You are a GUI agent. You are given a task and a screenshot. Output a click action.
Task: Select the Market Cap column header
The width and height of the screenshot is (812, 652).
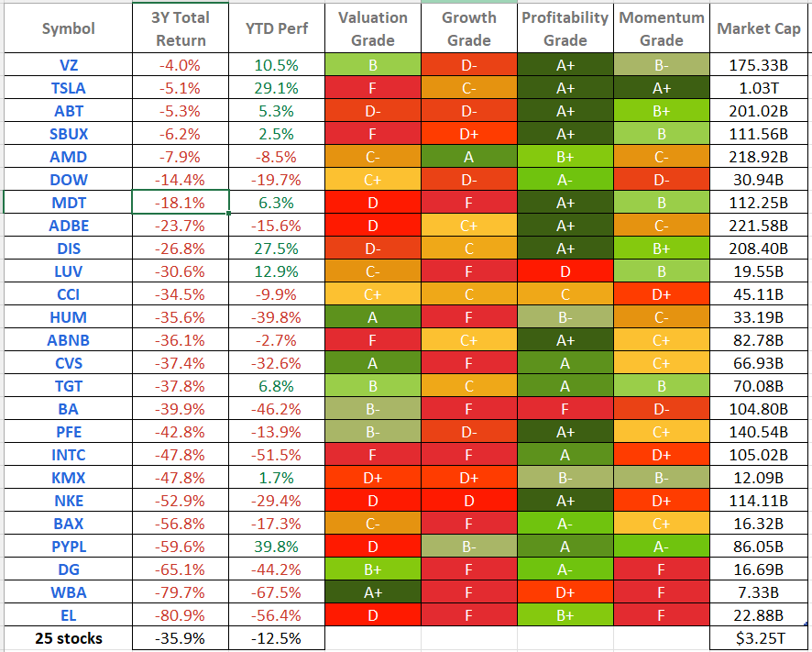[760, 28]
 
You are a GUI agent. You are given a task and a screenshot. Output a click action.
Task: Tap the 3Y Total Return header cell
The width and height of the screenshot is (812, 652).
[181, 28]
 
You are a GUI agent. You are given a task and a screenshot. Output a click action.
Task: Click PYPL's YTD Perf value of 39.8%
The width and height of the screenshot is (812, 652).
[277, 546]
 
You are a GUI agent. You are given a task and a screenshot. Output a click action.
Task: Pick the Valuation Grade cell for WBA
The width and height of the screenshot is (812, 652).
[372, 591]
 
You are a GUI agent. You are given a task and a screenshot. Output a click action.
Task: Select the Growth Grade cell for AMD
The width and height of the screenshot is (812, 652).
[468, 156]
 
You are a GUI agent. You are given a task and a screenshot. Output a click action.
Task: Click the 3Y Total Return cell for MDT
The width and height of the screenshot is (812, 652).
[181, 202]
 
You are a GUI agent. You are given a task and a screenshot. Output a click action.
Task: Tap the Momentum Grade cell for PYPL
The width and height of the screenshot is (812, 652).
[662, 546]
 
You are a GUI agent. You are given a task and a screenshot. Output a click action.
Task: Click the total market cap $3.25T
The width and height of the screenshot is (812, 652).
[760, 638]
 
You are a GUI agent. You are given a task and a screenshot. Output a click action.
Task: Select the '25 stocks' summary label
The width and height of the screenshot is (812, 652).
[68, 638]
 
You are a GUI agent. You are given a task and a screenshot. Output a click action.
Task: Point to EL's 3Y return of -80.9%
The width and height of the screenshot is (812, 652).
[181, 614]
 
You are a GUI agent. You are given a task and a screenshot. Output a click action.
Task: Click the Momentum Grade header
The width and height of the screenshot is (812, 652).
[662, 28]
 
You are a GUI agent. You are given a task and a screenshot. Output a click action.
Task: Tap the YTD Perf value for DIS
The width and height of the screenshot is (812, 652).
[277, 248]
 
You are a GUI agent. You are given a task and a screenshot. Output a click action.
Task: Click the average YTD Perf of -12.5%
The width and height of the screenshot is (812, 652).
[277, 638]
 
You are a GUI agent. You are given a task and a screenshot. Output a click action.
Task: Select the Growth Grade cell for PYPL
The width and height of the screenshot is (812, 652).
[468, 546]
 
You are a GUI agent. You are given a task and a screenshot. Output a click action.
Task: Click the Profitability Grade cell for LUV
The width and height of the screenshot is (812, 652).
[565, 271]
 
